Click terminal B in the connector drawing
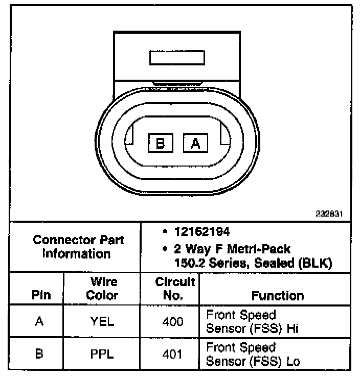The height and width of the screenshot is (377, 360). click(x=161, y=144)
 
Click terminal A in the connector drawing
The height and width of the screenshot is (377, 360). click(x=195, y=144)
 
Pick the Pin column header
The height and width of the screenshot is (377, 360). click(x=41, y=295)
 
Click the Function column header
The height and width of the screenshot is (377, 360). click(x=278, y=296)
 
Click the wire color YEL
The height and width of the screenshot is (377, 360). click(x=102, y=322)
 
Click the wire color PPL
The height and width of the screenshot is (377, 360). click(x=102, y=354)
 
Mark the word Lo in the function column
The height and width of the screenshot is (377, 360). click(x=293, y=361)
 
